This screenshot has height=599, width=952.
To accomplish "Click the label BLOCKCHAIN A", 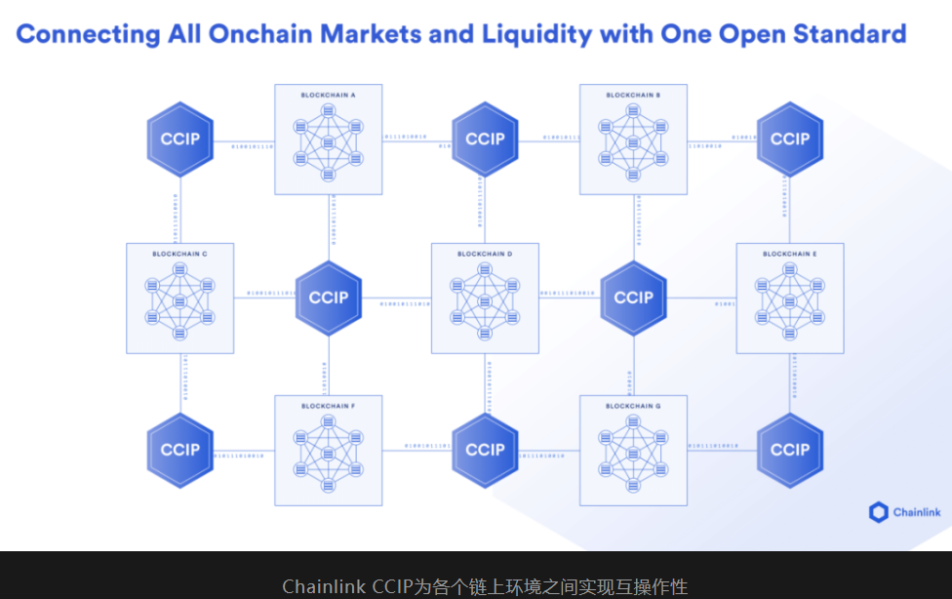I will pyautogui.click(x=328, y=96).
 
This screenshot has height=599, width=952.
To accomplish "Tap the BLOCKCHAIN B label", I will pyautogui.click(x=633, y=96).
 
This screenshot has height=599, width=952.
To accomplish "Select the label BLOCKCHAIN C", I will pyautogui.click(x=179, y=254).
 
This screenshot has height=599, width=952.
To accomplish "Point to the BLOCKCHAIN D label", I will pyautogui.click(x=485, y=254).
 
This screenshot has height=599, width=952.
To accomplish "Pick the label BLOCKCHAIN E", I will pyautogui.click(x=790, y=254).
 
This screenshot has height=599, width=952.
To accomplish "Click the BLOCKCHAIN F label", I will pyautogui.click(x=328, y=406).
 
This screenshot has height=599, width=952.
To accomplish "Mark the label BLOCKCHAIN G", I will pyautogui.click(x=633, y=406).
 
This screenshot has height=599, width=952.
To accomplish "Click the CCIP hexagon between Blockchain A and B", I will pyautogui.click(x=485, y=139).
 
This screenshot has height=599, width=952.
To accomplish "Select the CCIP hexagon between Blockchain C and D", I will pyautogui.click(x=329, y=298).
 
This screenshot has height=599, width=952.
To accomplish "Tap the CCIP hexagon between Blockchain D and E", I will pyautogui.click(x=634, y=298).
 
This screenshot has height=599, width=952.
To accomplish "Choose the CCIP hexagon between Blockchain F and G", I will pyautogui.click(x=485, y=450).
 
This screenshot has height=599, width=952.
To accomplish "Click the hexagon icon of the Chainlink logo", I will pyautogui.click(x=878, y=512).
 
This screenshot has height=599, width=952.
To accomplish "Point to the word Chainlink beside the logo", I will pyautogui.click(x=916, y=512).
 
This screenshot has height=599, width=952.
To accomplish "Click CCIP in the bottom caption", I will pyautogui.click(x=391, y=586).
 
